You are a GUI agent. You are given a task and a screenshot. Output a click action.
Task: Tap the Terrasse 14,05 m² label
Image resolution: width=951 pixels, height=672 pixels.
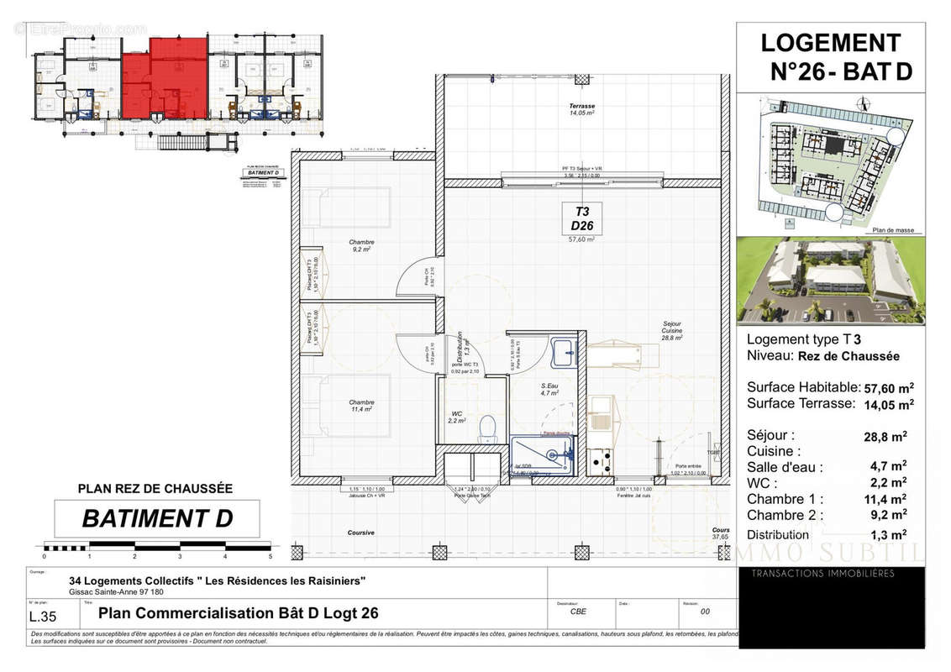coord(581,109)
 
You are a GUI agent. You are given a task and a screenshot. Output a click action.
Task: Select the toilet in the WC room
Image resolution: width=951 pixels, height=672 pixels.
coord(486,430)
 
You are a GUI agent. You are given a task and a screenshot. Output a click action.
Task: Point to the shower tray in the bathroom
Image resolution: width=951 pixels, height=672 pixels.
coord(543,454)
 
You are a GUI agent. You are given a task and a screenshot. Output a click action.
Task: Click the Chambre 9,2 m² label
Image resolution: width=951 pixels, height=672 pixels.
coord(362,245)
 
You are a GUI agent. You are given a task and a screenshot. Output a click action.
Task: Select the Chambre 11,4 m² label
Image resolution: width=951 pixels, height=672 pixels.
coord(361,406)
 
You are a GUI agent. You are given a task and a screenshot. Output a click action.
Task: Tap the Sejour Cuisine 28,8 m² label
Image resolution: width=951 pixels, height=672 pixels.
coord(671,330)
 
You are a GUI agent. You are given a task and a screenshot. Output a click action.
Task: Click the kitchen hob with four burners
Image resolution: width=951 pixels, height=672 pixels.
coord(599,459)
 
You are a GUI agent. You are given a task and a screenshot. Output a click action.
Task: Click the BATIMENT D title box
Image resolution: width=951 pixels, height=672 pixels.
coord(157,518)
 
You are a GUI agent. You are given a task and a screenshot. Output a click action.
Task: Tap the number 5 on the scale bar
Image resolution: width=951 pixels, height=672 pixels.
coord(271,556)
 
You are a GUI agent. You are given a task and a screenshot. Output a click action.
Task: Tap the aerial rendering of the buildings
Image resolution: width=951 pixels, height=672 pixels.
coord(830,280)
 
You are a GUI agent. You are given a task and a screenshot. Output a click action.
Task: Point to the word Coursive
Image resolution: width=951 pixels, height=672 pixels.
coord(361,533)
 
